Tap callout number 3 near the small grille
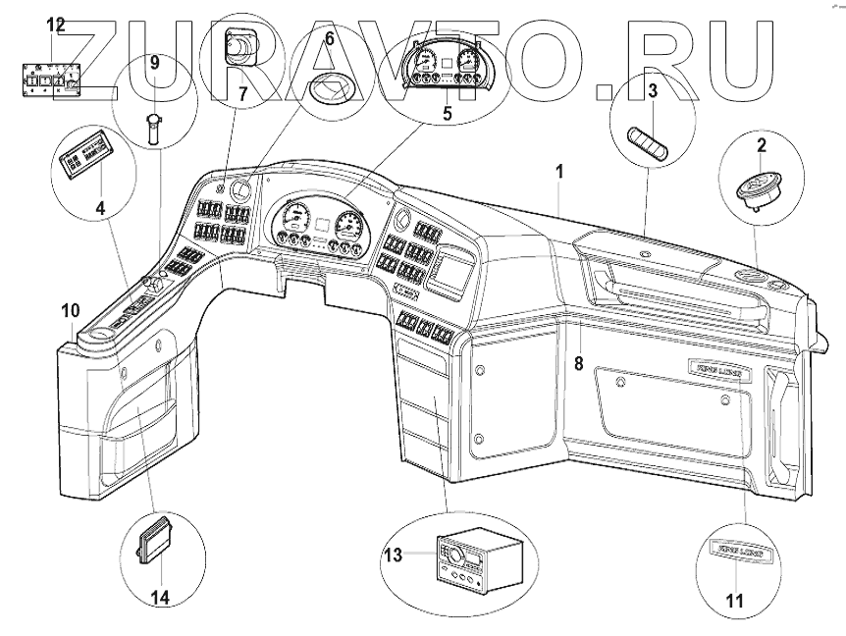point(651,92)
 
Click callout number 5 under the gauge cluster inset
point(448,112)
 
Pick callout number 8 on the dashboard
point(579,363)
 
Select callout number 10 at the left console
point(70,311)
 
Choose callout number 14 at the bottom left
point(159,597)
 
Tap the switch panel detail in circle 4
point(87,158)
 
